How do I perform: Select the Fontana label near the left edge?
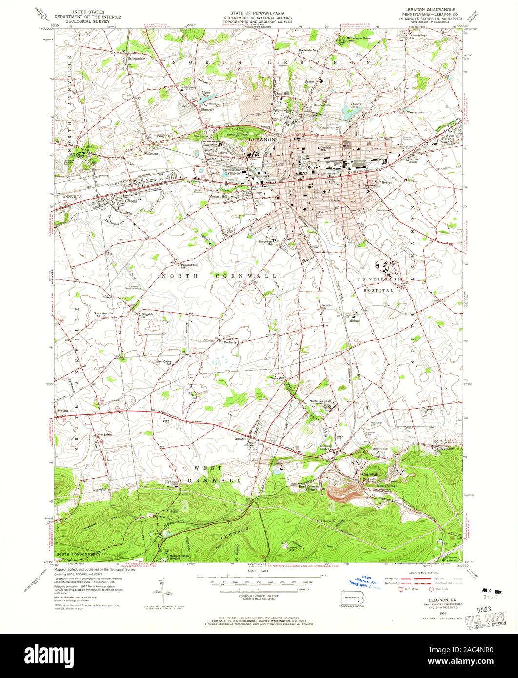point(63,411)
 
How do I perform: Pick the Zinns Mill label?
point(277,378)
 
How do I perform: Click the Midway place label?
point(355,321)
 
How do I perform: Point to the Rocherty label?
point(230,342)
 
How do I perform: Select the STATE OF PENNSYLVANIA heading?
point(259,9)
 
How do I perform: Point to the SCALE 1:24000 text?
point(259,571)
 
